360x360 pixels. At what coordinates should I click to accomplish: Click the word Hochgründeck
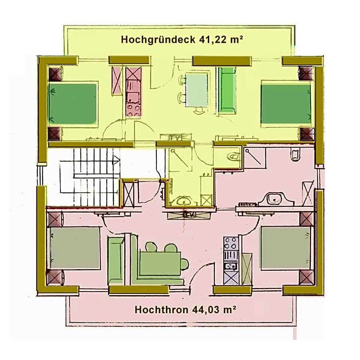[158, 40]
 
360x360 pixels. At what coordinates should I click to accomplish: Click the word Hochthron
[162, 310]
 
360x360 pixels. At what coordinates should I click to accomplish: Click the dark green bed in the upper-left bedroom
[73, 103]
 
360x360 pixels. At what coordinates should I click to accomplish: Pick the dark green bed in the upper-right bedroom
[286, 104]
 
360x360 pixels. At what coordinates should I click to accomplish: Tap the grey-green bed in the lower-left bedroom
[74, 248]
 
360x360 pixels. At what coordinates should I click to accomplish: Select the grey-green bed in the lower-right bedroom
[285, 248]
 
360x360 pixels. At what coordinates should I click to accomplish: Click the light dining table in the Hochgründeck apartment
[197, 90]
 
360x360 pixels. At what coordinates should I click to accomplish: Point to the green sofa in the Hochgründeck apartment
[227, 90]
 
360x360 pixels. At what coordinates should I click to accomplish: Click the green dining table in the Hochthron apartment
[160, 263]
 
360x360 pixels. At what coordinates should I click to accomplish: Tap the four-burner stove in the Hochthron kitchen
[231, 243]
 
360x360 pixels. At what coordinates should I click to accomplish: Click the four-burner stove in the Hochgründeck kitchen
[133, 111]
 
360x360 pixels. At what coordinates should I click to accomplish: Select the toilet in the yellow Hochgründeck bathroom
[234, 157]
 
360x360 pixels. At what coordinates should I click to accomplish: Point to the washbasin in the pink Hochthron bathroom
[276, 200]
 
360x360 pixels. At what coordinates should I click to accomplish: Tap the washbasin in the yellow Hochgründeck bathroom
[183, 201]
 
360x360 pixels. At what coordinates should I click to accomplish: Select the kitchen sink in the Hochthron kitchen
[231, 266]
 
